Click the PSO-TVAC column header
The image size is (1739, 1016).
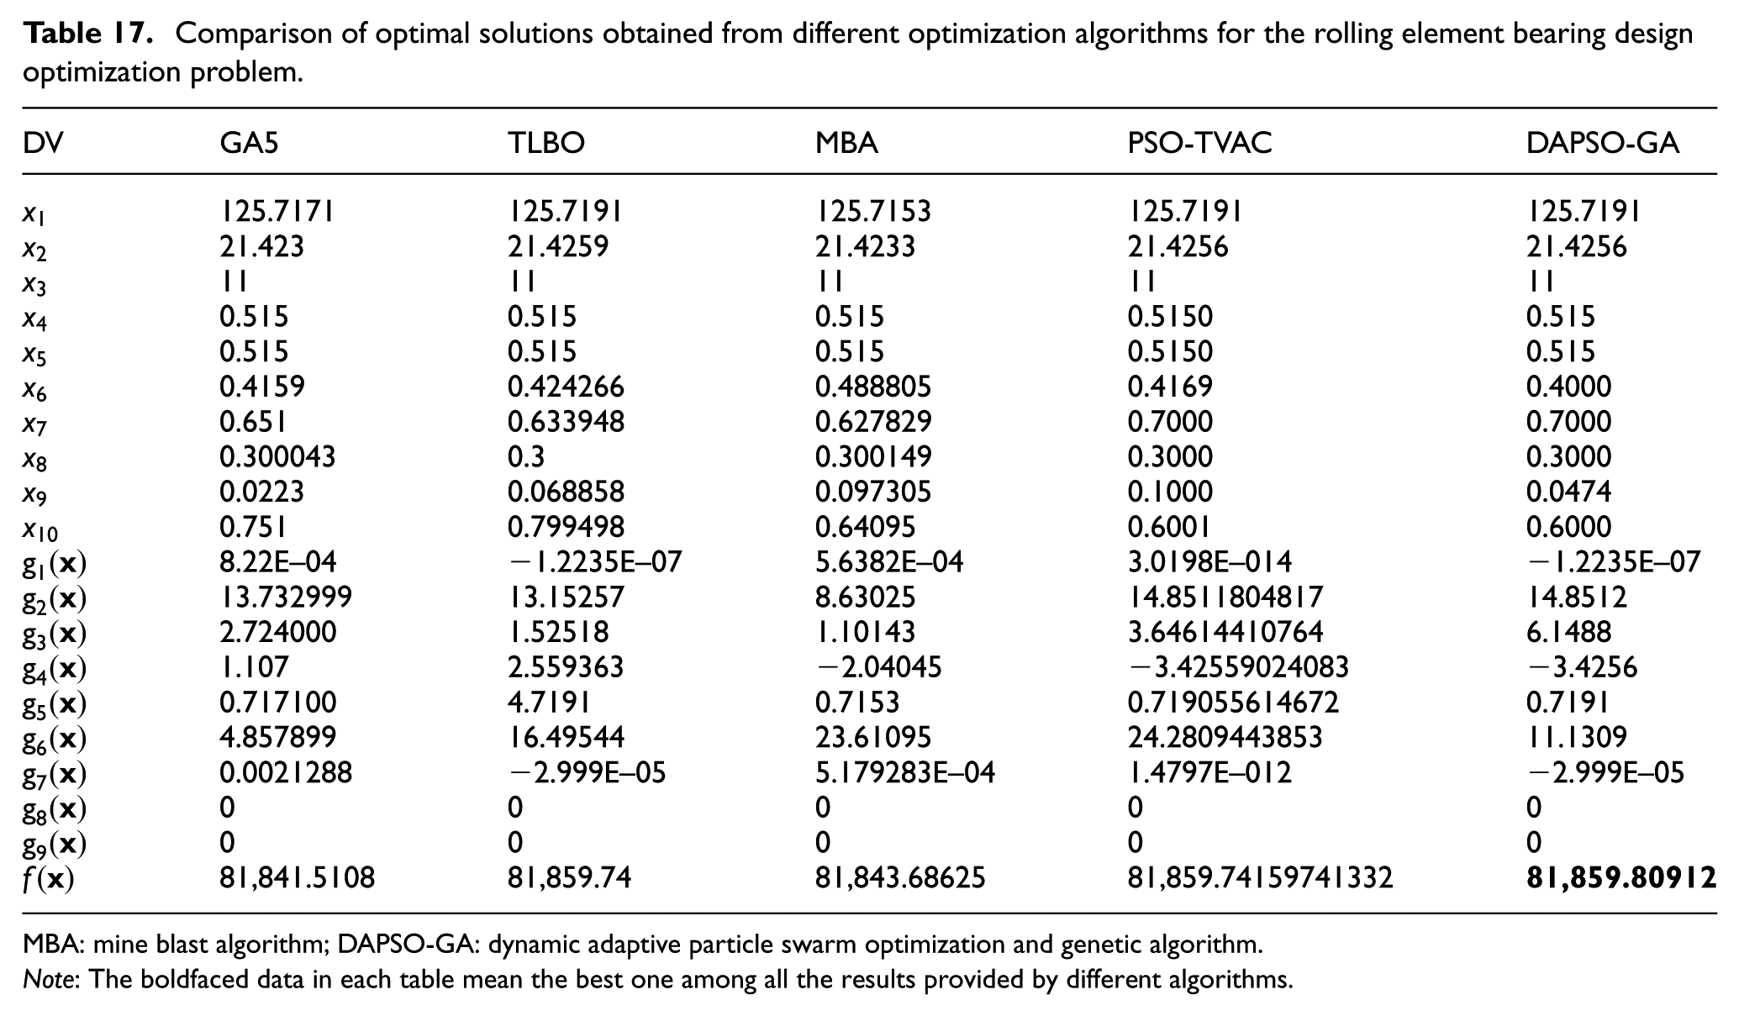point(1199,144)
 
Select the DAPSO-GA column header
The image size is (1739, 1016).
point(1603,144)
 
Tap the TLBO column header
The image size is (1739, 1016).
point(546,144)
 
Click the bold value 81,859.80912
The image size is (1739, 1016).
point(1621,878)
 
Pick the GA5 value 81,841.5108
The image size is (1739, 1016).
point(298,878)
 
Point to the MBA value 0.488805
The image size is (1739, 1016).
point(873,387)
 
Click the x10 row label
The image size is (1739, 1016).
point(40,529)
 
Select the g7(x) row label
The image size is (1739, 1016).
point(55,774)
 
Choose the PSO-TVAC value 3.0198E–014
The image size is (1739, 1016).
point(1209,561)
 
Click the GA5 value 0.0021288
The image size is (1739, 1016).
point(286,772)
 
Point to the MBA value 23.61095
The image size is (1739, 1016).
point(873,737)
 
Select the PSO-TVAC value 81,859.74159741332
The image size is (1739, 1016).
point(1260,878)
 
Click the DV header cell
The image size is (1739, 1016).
point(43,144)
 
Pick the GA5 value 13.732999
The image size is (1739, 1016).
point(286,597)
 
